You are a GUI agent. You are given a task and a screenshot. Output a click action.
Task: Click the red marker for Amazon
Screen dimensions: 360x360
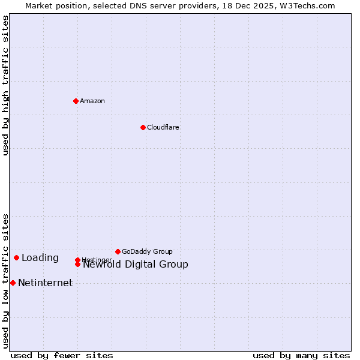pos(76,101)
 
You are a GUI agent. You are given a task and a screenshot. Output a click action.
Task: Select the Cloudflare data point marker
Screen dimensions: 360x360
pos(143,127)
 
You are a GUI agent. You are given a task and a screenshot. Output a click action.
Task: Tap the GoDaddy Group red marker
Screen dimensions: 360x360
pos(118,251)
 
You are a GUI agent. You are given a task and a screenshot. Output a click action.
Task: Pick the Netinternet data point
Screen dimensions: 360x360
pos(13,283)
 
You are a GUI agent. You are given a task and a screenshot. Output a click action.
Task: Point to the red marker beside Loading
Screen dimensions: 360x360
pos(16,257)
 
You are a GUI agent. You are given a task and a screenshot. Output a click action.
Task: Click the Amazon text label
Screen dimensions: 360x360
pos(92,101)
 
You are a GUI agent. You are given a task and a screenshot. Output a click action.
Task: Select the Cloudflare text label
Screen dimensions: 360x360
pos(163,127)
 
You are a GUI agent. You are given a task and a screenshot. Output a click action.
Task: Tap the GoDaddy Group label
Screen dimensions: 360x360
pos(147,251)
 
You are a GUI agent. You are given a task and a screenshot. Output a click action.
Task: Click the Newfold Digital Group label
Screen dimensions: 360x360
pos(136,265)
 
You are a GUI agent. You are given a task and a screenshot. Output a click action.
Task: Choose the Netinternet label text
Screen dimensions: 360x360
pos(46,283)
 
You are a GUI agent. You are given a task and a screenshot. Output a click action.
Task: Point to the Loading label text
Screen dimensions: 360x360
pos(40,258)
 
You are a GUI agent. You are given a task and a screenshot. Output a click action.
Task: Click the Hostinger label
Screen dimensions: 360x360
pos(96,259)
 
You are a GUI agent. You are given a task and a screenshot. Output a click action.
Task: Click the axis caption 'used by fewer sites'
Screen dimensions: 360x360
pos(62,355)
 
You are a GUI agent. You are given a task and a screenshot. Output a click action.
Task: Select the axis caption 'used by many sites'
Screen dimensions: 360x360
pos(301,355)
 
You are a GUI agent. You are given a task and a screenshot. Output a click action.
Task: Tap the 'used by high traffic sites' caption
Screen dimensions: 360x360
pos(5,85)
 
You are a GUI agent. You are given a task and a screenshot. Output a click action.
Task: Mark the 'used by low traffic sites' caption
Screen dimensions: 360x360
pos(5,280)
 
